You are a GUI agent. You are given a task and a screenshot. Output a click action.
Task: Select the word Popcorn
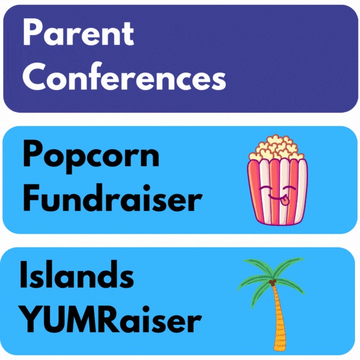91,155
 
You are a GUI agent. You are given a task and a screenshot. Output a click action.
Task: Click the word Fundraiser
112,198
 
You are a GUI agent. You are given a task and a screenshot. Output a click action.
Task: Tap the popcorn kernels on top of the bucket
276,148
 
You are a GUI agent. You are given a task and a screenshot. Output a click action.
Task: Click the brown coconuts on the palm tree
273,284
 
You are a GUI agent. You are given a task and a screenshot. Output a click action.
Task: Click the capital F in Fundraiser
32,198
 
